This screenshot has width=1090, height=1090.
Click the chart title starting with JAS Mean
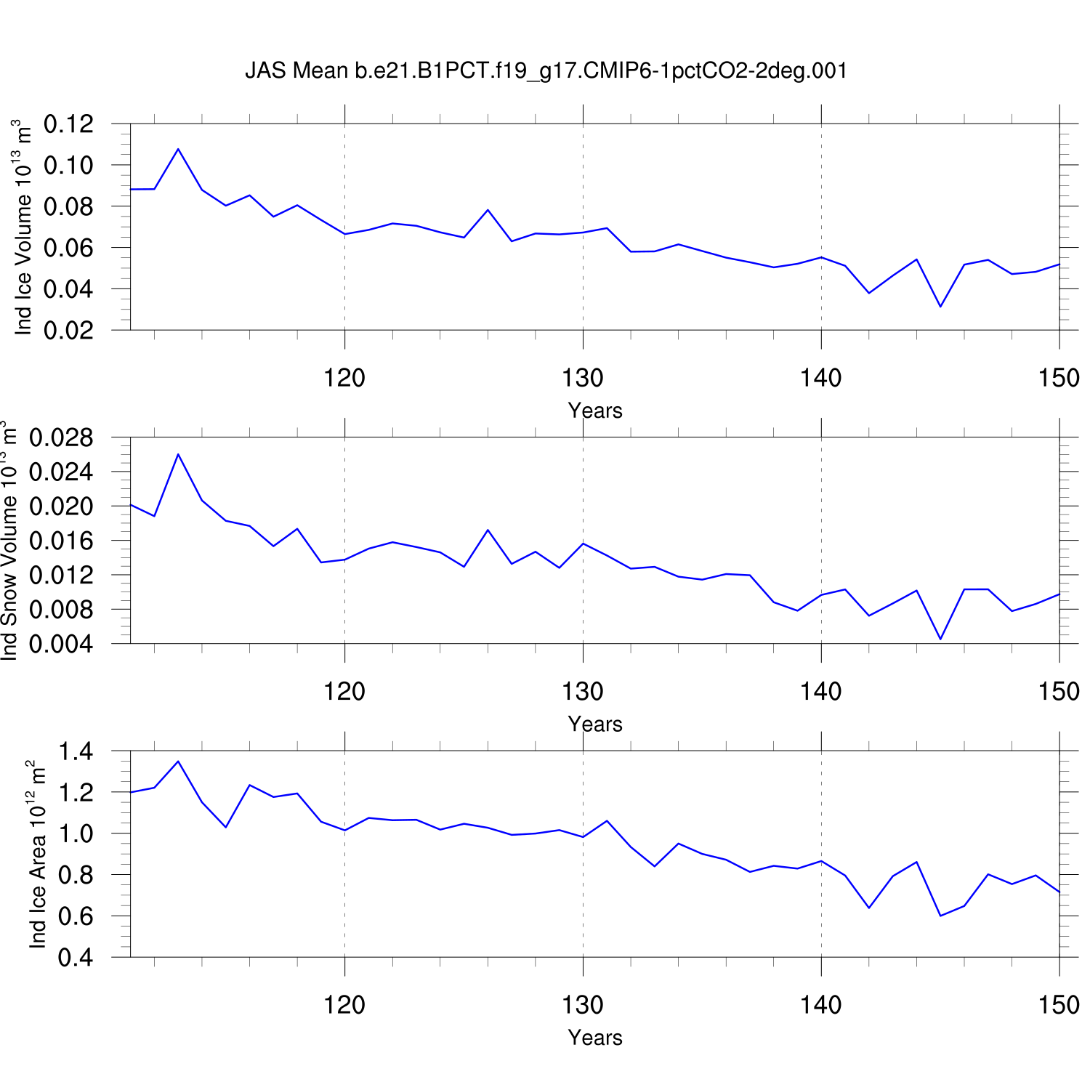point(546,70)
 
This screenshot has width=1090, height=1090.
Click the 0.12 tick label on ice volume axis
point(68,124)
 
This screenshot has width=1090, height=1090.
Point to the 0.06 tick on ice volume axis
point(68,248)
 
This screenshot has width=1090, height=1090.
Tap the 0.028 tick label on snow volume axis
point(61,437)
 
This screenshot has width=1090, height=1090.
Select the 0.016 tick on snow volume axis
point(61,541)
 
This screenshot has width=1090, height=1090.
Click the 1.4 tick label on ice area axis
point(76,751)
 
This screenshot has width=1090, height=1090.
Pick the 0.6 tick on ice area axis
point(76,916)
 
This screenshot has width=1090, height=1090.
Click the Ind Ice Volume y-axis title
point(24,227)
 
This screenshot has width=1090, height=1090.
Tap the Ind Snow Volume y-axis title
point(9,541)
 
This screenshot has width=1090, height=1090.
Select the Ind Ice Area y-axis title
point(38,854)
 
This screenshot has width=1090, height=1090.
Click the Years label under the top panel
point(595,411)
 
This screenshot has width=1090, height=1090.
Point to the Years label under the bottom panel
point(595,1038)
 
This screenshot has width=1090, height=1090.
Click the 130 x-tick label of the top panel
point(583,378)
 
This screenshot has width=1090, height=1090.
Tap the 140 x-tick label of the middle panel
point(821,692)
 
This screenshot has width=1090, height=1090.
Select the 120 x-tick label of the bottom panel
point(344,1005)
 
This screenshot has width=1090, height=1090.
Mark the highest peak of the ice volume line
point(178,149)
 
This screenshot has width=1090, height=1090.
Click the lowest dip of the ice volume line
point(940,306)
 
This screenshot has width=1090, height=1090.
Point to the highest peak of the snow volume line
point(178,454)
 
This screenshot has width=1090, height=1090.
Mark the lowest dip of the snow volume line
point(940,639)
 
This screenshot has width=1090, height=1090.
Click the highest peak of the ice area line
point(178,762)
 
